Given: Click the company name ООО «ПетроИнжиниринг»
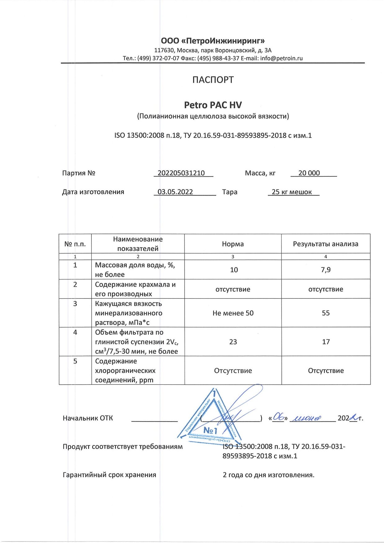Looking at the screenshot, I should [x=213, y=41].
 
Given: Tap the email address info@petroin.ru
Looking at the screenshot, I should [x=281, y=58].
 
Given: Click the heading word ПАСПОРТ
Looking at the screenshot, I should [x=213, y=80].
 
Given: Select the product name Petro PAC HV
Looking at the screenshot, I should [x=213, y=105].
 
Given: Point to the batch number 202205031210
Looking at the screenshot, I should [x=181, y=173].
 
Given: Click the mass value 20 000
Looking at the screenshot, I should [x=309, y=173].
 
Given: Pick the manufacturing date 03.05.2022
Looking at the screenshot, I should [x=175, y=192].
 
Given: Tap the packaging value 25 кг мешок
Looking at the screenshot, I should [x=292, y=192].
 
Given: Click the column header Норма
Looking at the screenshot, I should [x=233, y=244].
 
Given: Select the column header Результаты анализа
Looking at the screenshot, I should [x=325, y=244].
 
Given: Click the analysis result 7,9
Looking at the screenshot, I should [x=326, y=270].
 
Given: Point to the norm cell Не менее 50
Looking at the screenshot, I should [x=233, y=313].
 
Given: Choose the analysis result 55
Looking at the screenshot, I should [x=326, y=313].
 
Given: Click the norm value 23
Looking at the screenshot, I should [x=233, y=342].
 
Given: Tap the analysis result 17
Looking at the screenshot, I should [x=326, y=342].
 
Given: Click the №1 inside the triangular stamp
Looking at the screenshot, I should [x=210, y=430].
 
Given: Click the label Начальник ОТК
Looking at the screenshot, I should [x=88, y=418].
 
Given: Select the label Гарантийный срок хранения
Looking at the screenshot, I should [x=109, y=475].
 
